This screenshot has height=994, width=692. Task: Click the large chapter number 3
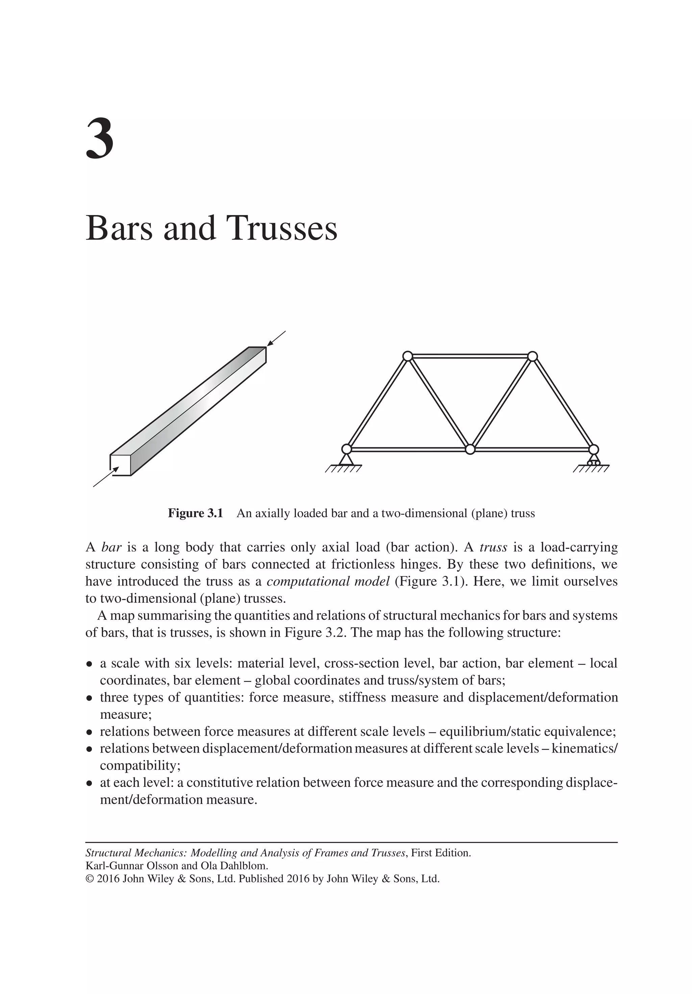click(100, 139)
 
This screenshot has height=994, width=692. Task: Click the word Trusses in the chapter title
click(282, 229)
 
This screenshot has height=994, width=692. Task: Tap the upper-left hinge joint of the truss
click(407, 356)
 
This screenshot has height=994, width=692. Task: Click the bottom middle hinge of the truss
click(470, 449)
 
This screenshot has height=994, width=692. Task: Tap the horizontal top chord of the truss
click(470, 356)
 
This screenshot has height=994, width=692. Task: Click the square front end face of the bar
click(121, 465)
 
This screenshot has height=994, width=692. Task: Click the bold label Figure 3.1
click(195, 514)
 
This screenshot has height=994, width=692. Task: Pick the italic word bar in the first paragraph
click(111, 548)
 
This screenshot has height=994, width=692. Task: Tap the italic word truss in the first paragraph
click(493, 548)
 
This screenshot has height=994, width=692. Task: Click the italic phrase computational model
click(328, 582)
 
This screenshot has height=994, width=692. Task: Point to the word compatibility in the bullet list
click(140, 765)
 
